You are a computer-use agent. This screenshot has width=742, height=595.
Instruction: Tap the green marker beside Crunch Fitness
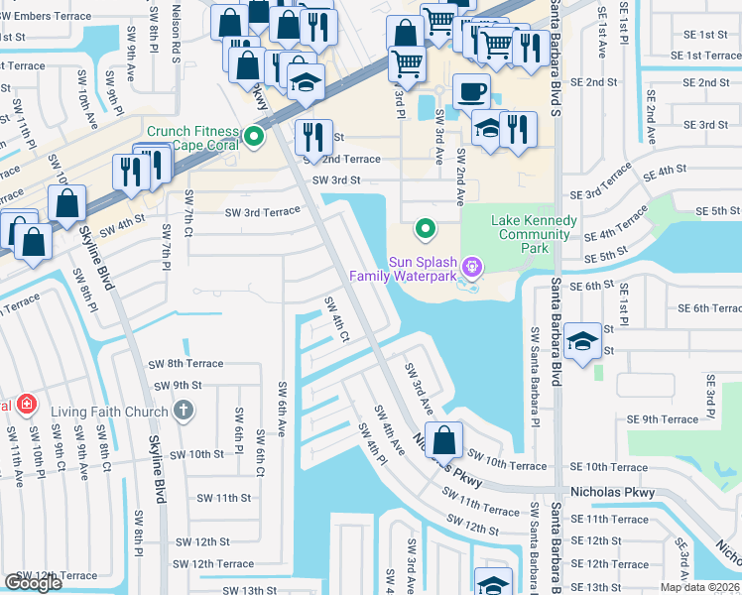[254, 138]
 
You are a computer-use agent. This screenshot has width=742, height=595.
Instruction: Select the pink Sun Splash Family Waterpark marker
[472, 266]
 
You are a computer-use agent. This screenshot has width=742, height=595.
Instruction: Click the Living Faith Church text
[109, 410]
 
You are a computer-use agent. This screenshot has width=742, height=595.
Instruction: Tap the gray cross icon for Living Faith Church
[183, 410]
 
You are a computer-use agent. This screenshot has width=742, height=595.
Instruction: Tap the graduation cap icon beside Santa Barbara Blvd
[582, 340]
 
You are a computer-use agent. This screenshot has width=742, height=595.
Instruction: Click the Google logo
[34, 582]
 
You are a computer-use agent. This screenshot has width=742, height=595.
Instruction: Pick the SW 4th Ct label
[337, 319]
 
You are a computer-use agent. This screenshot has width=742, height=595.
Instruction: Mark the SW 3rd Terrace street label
[262, 212]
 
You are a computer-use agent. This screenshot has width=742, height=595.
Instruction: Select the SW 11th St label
[223, 498]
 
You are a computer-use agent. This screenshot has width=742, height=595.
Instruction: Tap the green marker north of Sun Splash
[426, 229]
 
